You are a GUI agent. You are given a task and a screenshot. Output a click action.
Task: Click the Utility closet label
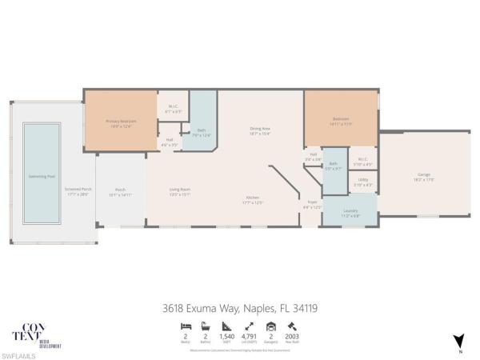tap(362, 183)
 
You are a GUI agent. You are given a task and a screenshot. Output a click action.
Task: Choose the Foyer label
tap(311, 205)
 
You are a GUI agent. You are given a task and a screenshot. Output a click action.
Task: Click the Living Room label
tap(179, 191)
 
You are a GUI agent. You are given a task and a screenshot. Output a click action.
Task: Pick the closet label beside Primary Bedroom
tap(174, 108)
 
